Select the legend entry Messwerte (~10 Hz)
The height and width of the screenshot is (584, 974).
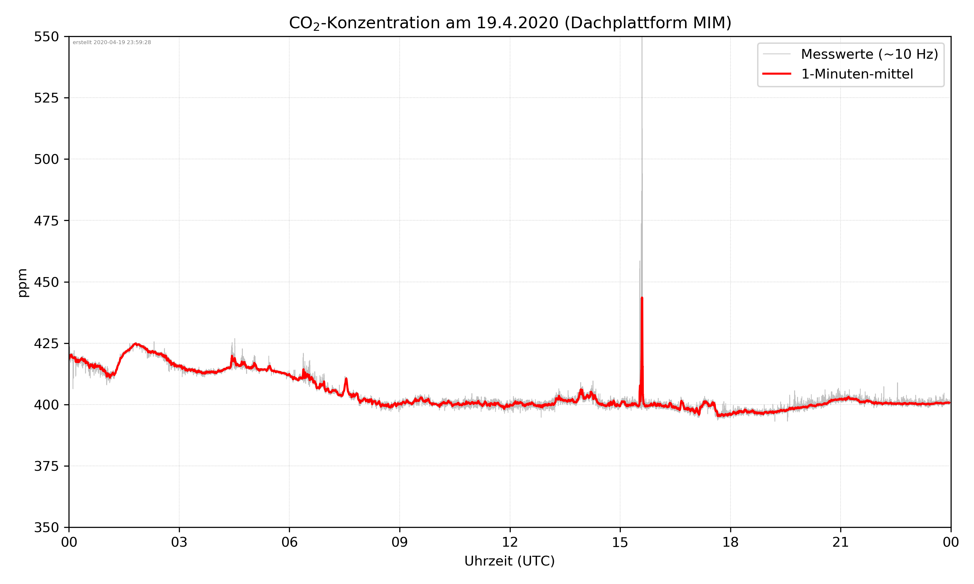[869, 54]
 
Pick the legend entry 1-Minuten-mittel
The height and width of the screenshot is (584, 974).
[857, 74]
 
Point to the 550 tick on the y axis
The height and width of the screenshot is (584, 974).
[46, 37]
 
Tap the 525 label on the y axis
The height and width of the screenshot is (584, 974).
[46, 98]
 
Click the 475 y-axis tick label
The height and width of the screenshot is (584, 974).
[46, 221]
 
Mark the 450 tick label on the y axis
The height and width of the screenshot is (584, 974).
[46, 282]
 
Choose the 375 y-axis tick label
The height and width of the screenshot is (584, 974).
[46, 466]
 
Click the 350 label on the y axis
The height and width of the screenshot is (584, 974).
[46, 528]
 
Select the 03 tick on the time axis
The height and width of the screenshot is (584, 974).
[179, 542]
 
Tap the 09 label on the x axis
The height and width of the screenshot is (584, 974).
[400, 542]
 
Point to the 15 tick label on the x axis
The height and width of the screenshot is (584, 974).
[620, 542]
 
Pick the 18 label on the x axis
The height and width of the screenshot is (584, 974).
[730, 542]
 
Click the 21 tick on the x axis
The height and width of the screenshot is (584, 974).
[841, 542]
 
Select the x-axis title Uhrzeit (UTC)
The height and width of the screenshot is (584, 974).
[509, 561]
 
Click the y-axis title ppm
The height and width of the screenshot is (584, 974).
[22, 283]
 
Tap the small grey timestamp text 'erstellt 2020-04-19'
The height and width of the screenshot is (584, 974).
[112, 43]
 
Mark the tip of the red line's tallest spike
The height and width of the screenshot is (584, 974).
[642, 298]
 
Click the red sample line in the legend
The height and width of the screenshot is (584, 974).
[776, 74]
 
